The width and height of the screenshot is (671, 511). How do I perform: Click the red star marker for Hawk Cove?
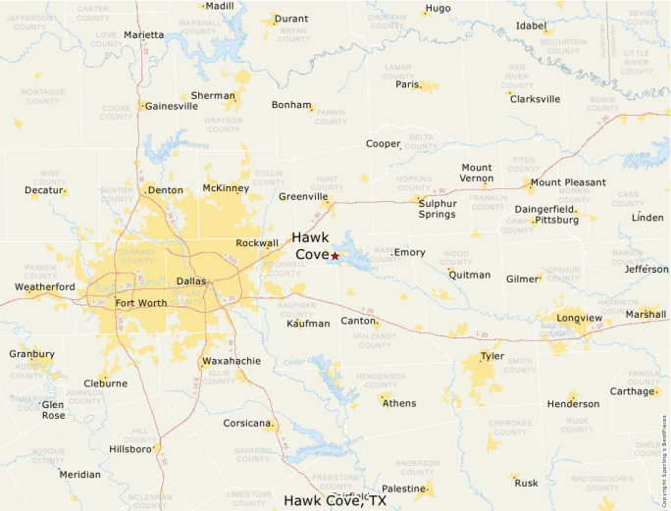tap(335, 255)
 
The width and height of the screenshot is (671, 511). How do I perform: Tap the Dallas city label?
tap(191, 281)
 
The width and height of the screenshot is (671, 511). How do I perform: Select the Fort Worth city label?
tap(141, 303)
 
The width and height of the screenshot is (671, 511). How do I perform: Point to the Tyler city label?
tap(491, 356)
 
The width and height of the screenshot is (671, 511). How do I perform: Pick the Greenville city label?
tap(303, 196)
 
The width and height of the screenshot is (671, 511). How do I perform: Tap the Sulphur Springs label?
tap(438, 208)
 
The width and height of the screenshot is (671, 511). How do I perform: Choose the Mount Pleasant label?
tap(568, 182)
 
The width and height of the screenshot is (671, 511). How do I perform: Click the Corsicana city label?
tap(246, 424)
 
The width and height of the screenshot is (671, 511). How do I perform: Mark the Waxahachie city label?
tap(231, 361)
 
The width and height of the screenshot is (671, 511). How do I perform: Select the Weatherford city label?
tap(44, 286)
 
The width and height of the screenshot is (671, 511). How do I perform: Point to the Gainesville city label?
tap(172, 106)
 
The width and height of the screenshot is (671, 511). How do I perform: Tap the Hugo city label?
tap(438, 8)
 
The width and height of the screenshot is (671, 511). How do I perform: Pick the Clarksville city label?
tap(535, 99)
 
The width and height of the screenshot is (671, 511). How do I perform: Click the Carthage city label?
tap(631, 391)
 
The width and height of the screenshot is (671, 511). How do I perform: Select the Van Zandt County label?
tap(373, 340)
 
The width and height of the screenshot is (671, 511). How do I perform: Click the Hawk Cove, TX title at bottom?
tap(335, 500)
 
